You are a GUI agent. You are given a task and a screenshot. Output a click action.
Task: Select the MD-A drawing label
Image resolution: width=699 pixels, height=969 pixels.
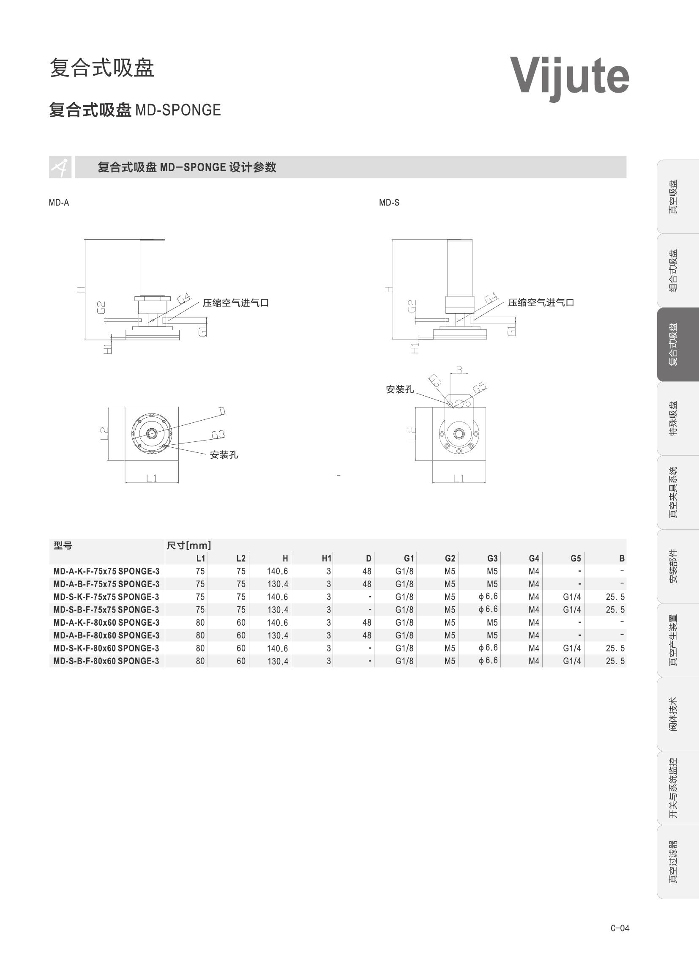[x=59, y=203]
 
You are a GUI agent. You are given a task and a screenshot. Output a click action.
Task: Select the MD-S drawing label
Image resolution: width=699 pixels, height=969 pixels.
[x=389, y=203]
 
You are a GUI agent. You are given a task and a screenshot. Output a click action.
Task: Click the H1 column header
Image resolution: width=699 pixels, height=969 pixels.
[x=326, y=558]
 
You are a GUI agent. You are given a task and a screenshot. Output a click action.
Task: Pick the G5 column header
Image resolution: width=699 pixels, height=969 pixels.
[x=576, y=558]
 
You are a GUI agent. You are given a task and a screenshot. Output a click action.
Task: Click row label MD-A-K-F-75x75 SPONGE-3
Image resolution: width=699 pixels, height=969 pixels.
[x=106, y=571]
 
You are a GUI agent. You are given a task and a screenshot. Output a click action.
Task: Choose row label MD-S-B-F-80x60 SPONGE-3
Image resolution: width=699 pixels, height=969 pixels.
[x=106, y=661]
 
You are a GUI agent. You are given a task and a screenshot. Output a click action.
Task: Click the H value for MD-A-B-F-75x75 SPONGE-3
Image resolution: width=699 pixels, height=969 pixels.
[x=278, y=584]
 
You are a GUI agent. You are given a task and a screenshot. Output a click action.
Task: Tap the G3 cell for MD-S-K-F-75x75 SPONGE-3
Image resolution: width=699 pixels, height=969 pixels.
[x=488, y=597]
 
